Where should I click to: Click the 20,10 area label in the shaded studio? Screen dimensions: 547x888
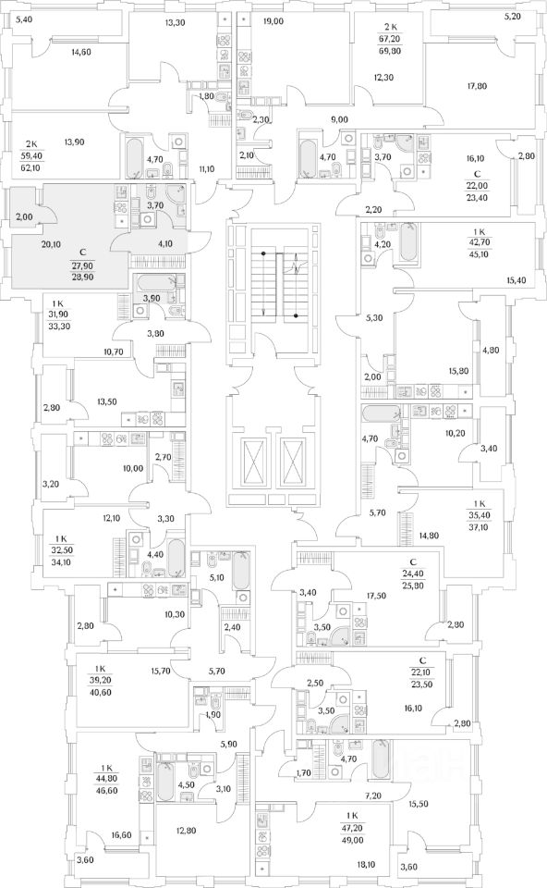50,244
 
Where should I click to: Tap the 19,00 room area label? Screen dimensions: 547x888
273,21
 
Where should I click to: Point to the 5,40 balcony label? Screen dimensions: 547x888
26,19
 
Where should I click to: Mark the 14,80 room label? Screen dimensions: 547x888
428,535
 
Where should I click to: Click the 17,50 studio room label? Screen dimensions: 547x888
376,596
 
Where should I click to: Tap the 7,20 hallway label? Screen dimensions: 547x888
373,795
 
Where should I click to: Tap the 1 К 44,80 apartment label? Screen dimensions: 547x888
106,779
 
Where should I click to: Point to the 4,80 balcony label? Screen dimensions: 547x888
490,349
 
